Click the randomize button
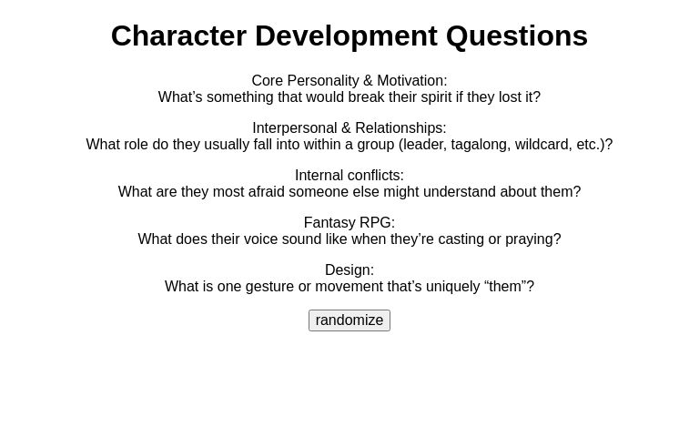349,320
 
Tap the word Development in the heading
346,36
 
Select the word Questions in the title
516,36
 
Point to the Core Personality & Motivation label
349,81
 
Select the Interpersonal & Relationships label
349,128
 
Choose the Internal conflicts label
349,176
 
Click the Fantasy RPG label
349,223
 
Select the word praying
532,239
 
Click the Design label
349,270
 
